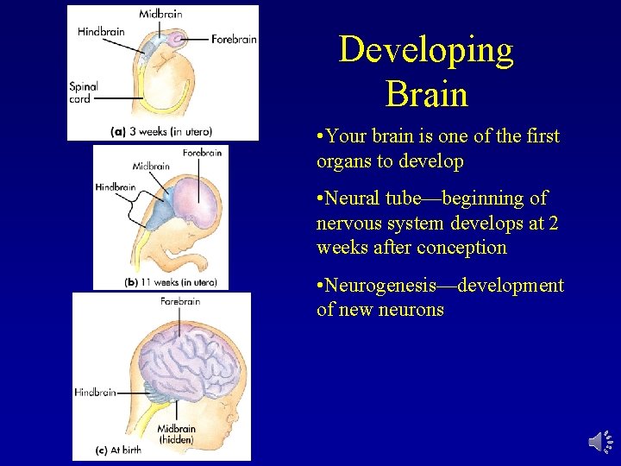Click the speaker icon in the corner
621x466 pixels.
(x=600, y=441)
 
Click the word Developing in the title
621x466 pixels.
(x=426, y=50)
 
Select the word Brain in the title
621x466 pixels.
(x=427, y=93)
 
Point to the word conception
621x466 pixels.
(x=461, y=248)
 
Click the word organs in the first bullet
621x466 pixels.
(x=342, y=161)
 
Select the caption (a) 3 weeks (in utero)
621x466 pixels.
(x=161, y=131)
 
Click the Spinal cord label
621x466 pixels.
(x=84, y=92)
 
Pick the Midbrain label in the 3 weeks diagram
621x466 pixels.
(x=160, y=14)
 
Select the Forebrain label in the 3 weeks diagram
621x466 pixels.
(x=235, y=39)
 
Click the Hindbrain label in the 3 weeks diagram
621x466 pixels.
(x=101, y=32)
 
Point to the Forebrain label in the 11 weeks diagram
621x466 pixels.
(x=202, y=153)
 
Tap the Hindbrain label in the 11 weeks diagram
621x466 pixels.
(x=116, y=186)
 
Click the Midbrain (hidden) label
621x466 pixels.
(x=176, y=433)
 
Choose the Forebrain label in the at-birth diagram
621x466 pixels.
(x=180, y=301)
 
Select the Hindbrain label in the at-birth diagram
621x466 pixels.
(x=95, y=392)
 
